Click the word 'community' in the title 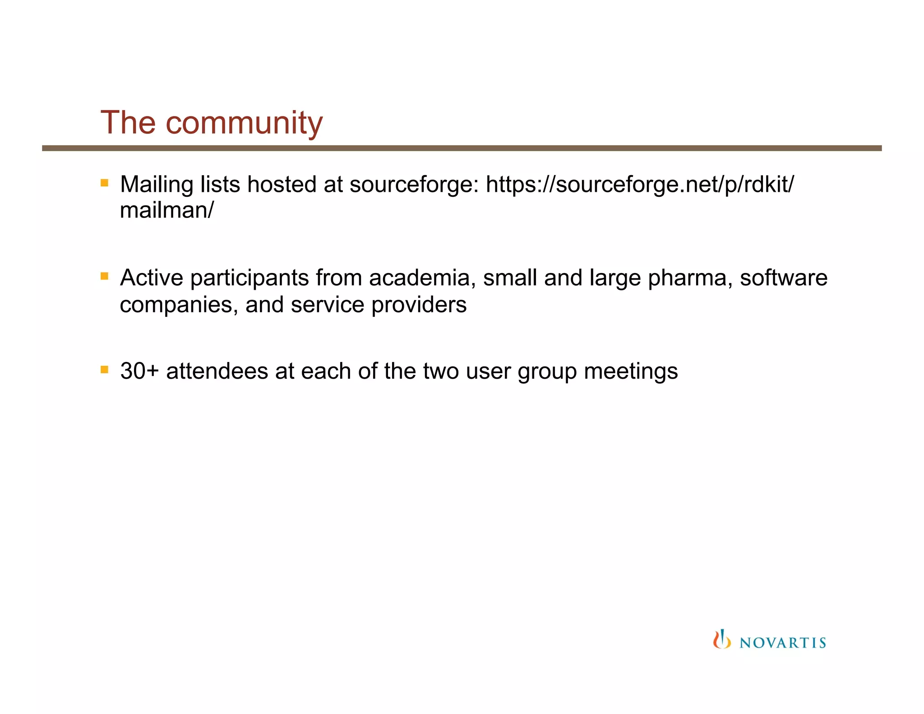point(244,124)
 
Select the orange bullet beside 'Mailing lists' point(105,183)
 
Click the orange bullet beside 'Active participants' point(105,276)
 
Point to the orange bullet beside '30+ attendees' point(105,370)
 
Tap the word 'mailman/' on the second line point(166,210)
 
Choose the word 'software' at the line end point(784,278)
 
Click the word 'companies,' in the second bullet point(179,305)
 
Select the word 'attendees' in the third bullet point(217,371)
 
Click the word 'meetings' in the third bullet point(631,371)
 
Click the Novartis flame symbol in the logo point(721,639)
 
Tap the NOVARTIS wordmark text point(783,643)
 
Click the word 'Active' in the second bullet point(151,278)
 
